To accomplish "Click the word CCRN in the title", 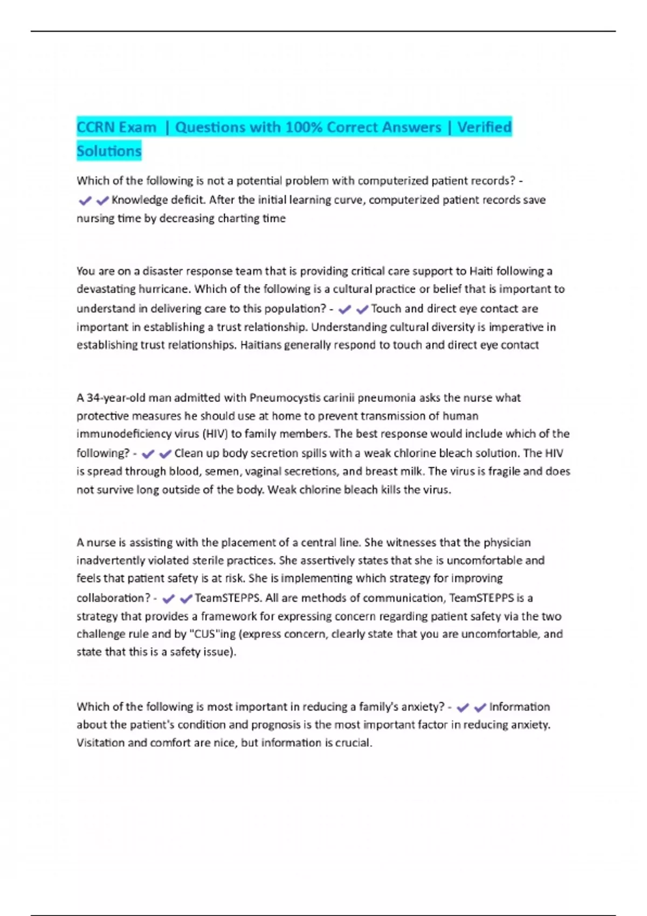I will [95, 128].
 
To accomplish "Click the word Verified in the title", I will [484, 128].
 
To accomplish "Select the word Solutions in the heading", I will [109, 151].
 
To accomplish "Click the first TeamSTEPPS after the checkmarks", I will [228, 598].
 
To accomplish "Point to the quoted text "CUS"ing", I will [214, 634].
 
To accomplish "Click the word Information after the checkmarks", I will [519, 707].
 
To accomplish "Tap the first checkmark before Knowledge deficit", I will [85, 201].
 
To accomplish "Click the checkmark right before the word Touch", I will [362, 309].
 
